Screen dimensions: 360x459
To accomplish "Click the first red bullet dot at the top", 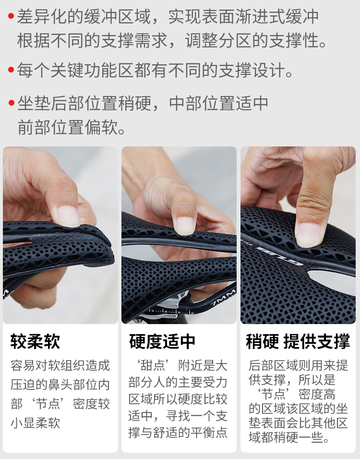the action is [11, 16].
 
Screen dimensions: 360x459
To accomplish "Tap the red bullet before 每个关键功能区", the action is [11, 70].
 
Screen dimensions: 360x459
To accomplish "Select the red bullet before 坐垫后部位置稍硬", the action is [12, 103].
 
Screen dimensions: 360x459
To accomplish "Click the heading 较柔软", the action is [35, 341].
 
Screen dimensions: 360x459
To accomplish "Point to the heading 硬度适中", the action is [162, 341].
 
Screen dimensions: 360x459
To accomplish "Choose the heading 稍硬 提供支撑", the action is [298, 341].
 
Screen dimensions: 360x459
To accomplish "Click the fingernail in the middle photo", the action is [184, 225].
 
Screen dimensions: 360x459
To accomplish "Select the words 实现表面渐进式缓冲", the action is [243, 16].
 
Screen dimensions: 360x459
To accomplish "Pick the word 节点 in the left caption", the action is [48, 404].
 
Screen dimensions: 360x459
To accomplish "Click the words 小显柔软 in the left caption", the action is [36, 423].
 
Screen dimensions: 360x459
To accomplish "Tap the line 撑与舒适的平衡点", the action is [178, 433].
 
